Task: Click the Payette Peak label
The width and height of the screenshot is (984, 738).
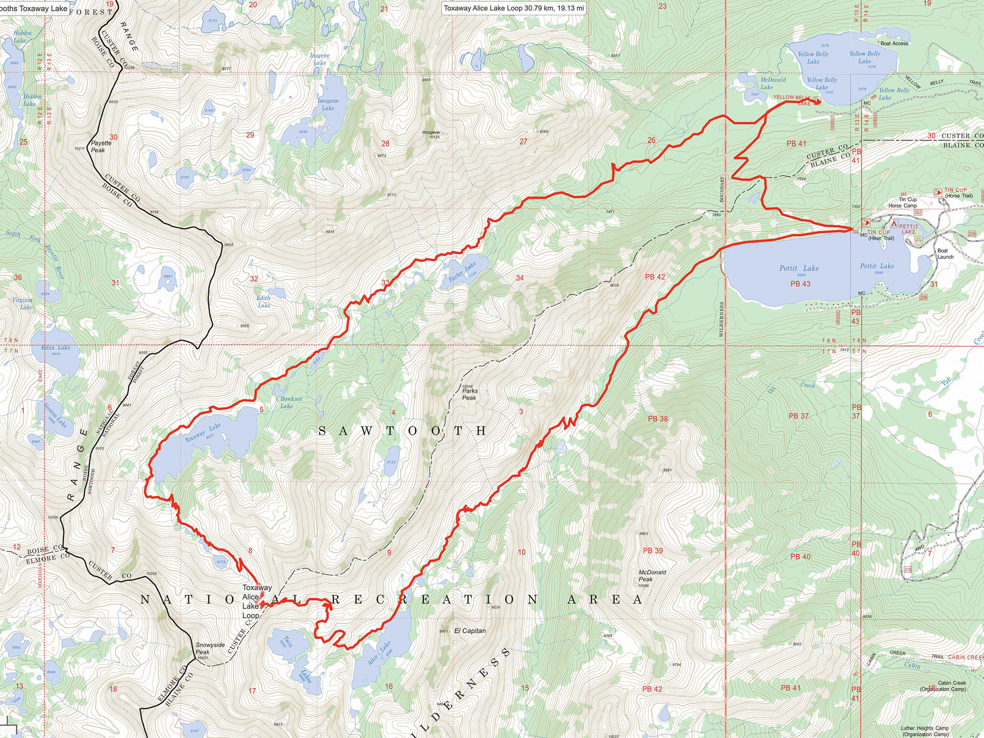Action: point(101,147)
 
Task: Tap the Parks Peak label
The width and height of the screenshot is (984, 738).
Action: point(469,394)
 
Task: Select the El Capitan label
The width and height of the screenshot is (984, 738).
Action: point(470,631)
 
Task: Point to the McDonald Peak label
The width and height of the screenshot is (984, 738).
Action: point(652,576)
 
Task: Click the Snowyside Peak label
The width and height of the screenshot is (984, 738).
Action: point(210,648)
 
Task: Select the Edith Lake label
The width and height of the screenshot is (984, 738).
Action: point(264,302)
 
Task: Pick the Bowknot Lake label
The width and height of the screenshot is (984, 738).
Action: point(291,402)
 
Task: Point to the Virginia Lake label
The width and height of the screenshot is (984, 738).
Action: point(22,303)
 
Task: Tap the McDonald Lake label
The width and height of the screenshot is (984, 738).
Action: point(772,83)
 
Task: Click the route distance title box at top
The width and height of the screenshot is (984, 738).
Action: point(514,8)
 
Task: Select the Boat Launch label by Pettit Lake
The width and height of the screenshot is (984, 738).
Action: point(945,253)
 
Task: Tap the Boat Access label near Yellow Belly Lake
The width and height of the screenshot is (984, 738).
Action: point(894,43)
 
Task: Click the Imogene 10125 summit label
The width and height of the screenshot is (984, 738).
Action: point(431,134)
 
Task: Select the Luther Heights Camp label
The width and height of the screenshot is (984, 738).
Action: point(924,731)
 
